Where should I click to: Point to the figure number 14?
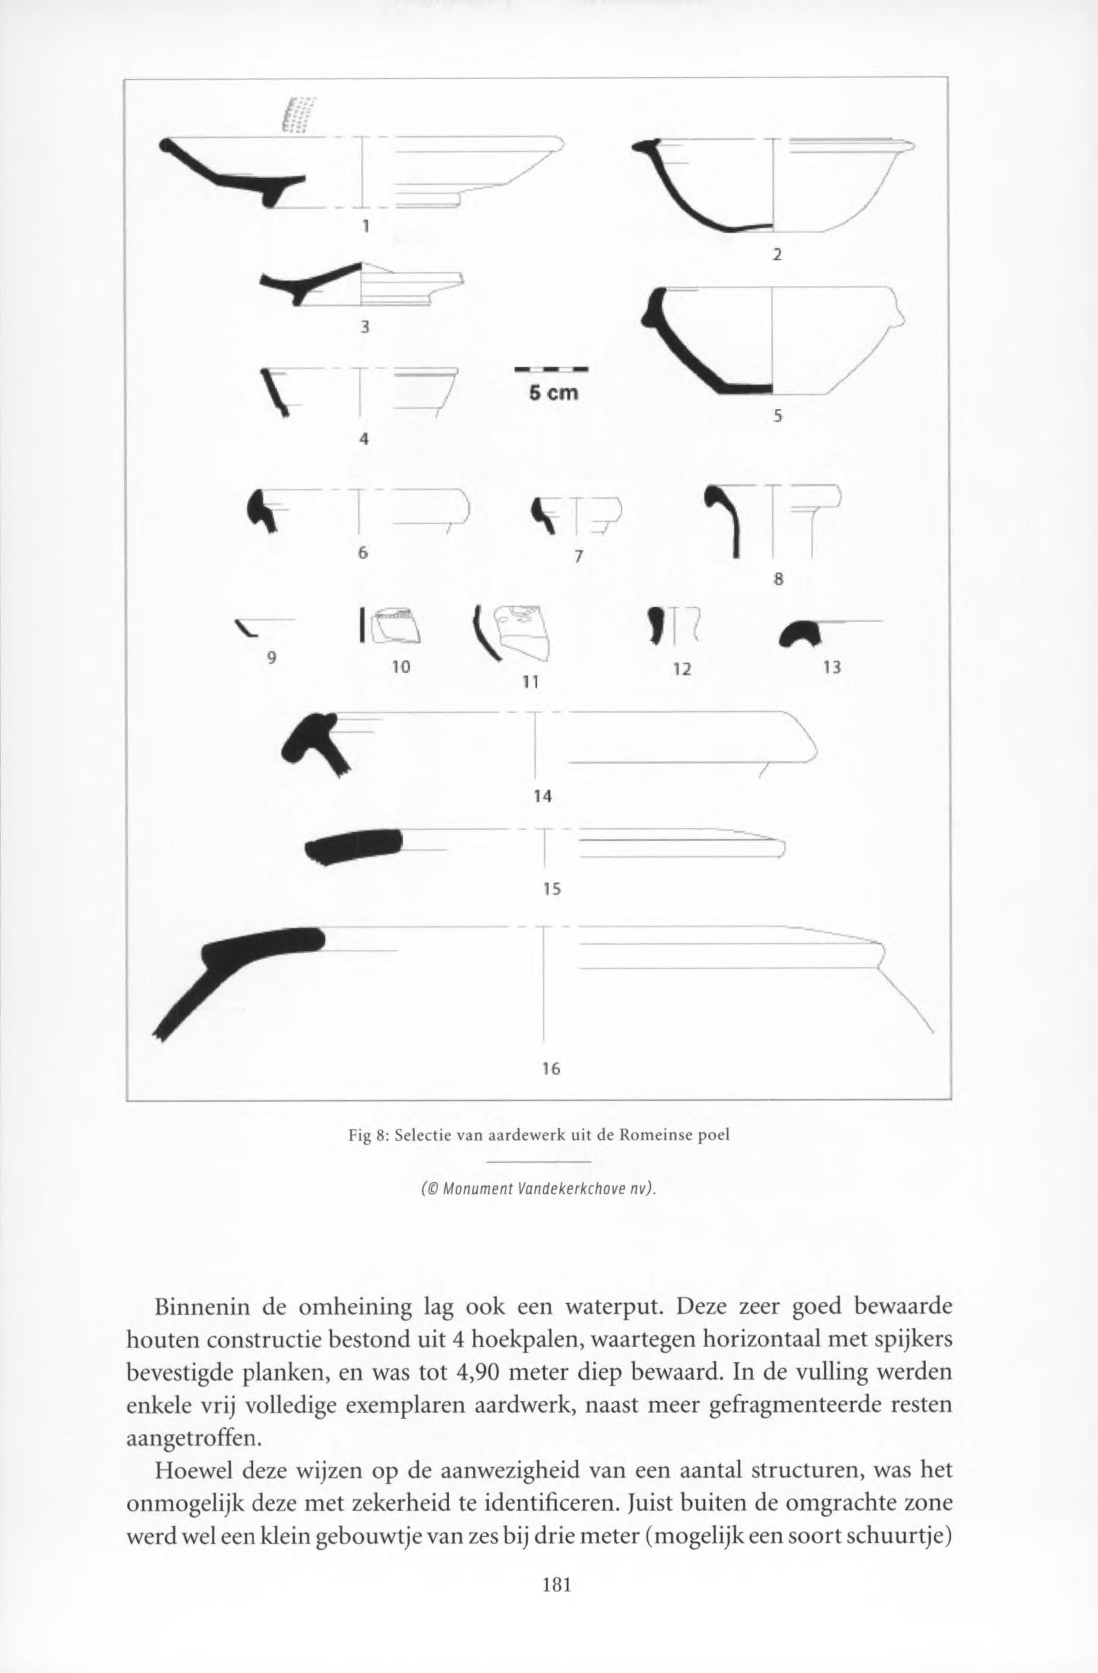pos(542,796)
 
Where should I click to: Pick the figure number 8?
pos(777,580)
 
